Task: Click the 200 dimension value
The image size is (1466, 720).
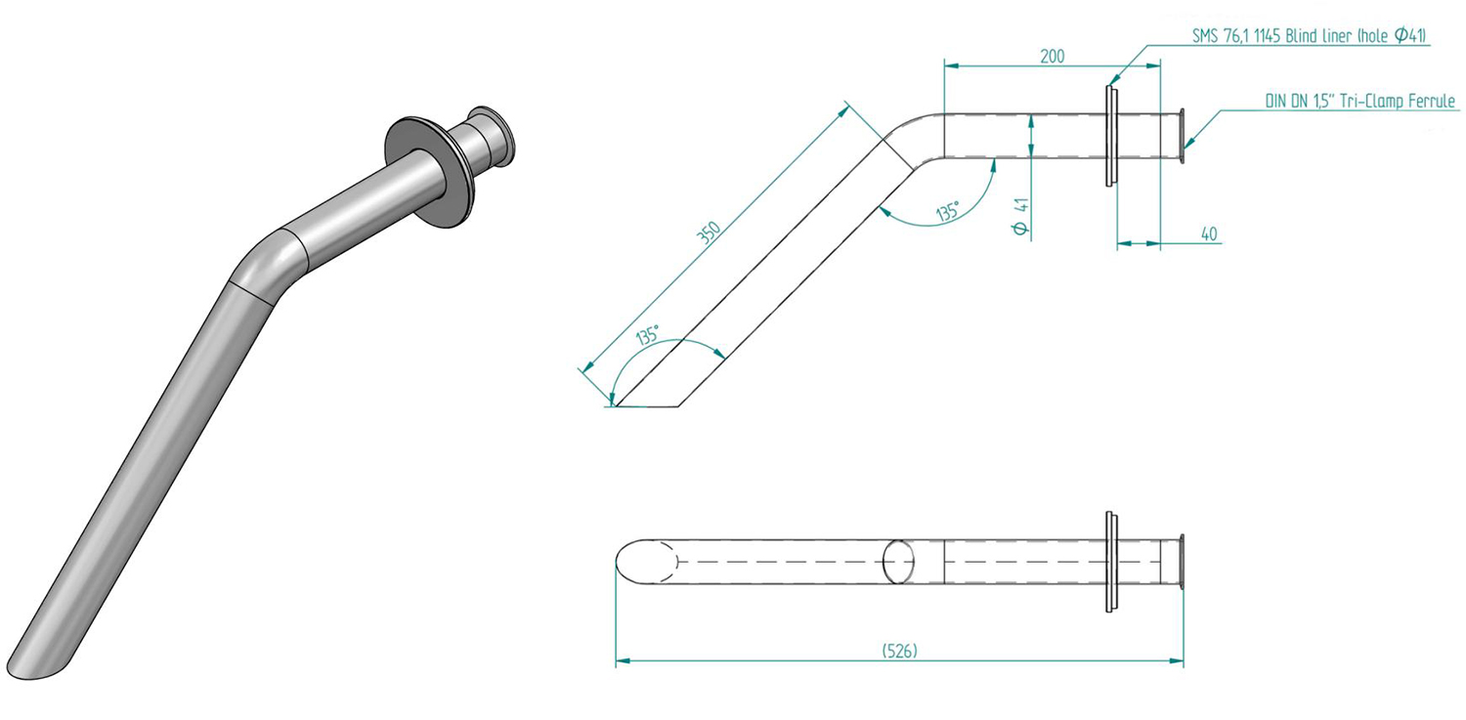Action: (1052, 57)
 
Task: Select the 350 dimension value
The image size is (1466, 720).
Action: (709, 233)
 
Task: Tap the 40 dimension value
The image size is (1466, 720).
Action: (1209, 233)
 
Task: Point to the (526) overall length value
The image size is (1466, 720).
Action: (899, 651)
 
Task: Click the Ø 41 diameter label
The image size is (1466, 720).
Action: (1020, 216)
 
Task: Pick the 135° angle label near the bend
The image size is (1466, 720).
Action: (947, 212)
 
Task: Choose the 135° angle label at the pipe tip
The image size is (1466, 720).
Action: (647, 335)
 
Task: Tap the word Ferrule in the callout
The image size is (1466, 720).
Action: (1432, 101)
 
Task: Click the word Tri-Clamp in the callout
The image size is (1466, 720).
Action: (1371, 101)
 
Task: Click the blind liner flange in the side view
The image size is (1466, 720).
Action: (1111, 136)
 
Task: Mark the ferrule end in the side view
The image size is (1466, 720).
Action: (1182, 136)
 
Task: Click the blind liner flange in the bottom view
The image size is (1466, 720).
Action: (1111, 562)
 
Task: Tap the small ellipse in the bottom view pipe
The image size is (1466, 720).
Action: (898, 562)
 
